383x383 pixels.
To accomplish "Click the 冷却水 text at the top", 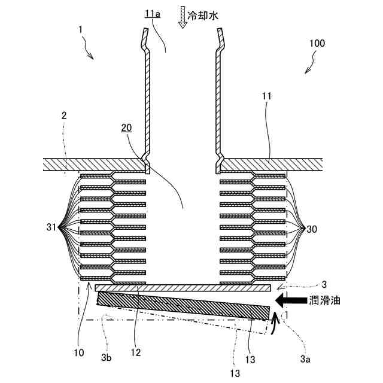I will [x=202, y=16].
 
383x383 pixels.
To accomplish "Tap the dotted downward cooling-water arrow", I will [x=182, y=17].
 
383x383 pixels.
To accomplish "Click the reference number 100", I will [x=318, y=44].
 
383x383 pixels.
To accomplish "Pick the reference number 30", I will [x=312, y=229].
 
